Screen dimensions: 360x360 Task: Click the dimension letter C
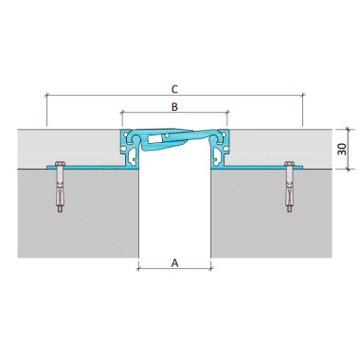174,89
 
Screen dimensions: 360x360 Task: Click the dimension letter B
174,107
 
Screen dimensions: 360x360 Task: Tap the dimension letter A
174,262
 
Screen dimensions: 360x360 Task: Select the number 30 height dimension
342,149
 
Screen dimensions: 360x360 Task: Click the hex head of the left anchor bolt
60,164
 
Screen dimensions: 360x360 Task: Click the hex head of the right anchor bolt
289,164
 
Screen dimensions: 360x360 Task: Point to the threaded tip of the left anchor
60,208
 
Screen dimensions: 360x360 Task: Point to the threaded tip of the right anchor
289,208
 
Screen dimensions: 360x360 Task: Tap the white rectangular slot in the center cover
154,139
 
